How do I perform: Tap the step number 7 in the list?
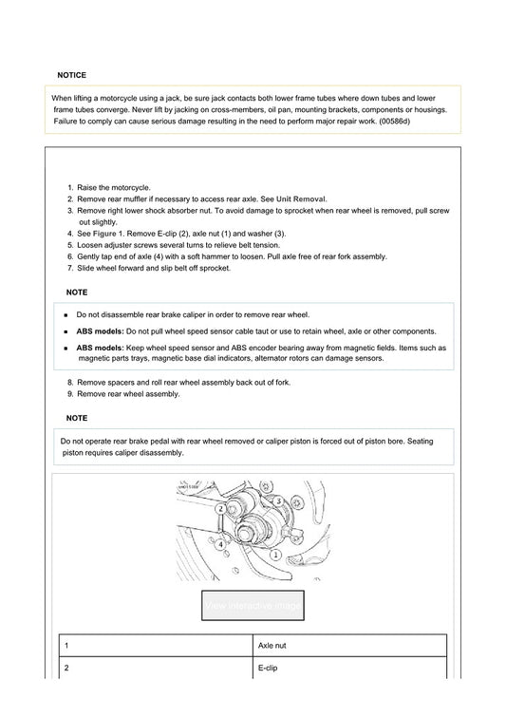coord(70,268)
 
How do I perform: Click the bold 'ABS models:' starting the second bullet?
coord(100,331)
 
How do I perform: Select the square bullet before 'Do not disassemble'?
coord(66,314)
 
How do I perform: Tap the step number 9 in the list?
coord(70,393)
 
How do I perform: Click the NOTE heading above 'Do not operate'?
coord(77,418)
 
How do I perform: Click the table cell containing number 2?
coord(66,669)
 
